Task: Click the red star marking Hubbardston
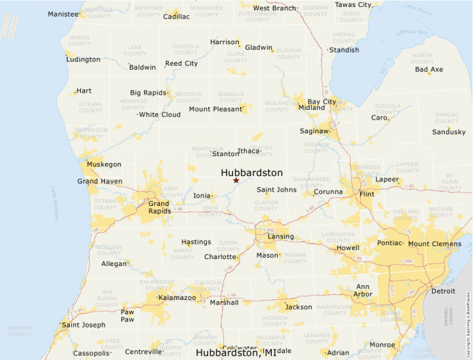[236, 180]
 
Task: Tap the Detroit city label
[443, 291]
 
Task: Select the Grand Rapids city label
[158, 207]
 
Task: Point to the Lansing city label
[281, 236]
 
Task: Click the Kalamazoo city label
[177, 298]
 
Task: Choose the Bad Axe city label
[429, 69]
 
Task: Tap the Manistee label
[63, 14]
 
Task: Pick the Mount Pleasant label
[216, 109]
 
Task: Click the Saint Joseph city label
[84, 325]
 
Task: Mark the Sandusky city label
[449, 131]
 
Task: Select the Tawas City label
[353, 5]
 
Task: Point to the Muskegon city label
[104, 164]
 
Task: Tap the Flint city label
[367, 195]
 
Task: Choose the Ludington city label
[83, 59]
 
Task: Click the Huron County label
[422, 58]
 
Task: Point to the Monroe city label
[382, 345]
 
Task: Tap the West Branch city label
[275, 8]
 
